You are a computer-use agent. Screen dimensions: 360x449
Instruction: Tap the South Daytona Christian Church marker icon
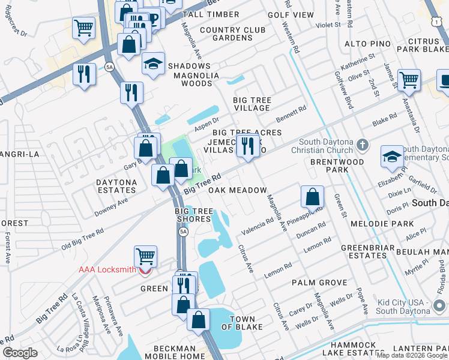[362, 145]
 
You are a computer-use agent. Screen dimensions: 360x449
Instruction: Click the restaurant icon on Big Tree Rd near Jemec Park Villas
[247, 146]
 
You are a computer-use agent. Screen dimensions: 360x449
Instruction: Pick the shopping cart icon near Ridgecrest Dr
[83, 27]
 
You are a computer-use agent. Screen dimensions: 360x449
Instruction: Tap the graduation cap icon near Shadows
[153, 63]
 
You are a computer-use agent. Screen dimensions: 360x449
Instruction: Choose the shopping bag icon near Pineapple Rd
[312, 196]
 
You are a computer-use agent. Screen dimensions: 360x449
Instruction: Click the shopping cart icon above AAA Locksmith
[145, 256]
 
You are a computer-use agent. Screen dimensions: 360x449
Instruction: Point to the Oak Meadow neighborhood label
[237, 190]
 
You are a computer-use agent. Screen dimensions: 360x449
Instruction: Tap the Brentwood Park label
[337, 166]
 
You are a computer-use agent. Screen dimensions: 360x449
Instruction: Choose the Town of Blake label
[243, 323]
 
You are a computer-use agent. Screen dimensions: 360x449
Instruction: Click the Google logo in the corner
[20, 353]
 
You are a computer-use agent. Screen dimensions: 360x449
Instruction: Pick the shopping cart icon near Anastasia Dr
[408, 79]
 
